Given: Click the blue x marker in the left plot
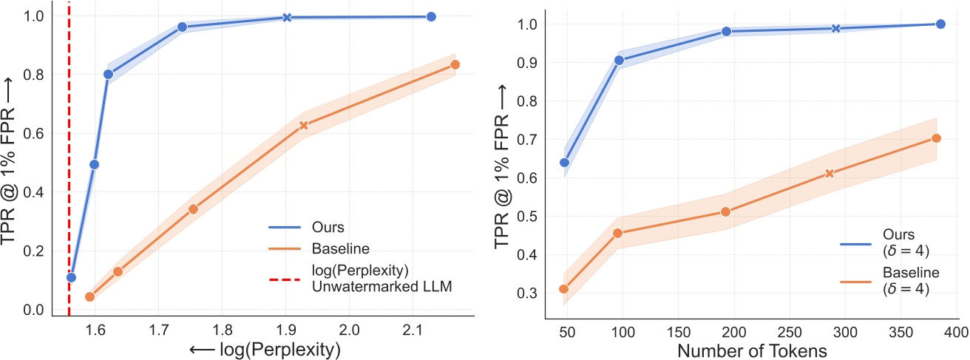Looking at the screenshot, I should [287, 17].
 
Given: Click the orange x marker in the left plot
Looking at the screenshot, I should [303, 126].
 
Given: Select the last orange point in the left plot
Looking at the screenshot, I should [455, 64].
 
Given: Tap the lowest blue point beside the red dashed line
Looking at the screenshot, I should [71, 277].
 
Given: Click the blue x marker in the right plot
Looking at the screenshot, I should [835, 28].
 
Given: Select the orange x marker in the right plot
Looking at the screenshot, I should [830, 173].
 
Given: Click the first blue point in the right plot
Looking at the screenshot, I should [564, 162].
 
